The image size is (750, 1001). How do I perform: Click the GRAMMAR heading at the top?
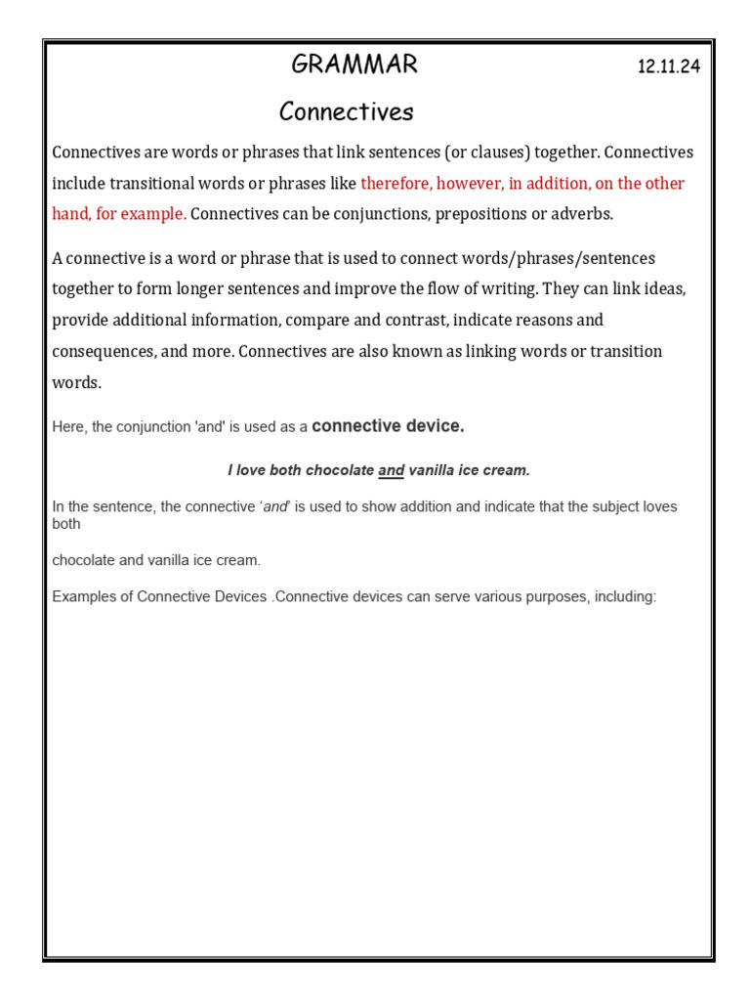(x=354, y=65)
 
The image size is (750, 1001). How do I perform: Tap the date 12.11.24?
(x=669, y=67)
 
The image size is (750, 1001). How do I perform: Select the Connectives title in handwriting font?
(x=346, y=112)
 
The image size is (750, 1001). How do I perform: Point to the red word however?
(x=468, y=184)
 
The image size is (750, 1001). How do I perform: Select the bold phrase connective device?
(x=388, y=426)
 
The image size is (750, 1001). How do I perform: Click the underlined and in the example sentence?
(x=391, y=470)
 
